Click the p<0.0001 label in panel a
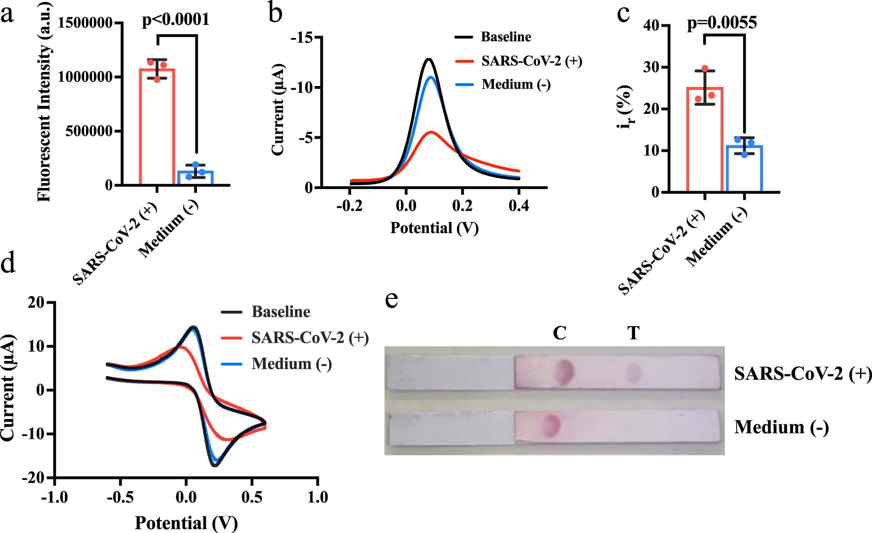176,20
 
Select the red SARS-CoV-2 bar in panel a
157,127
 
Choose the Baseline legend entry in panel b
505,37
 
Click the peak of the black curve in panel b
428,59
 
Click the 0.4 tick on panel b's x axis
518,206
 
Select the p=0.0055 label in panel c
722,23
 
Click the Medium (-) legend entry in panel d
291,364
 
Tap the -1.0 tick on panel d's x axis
55,497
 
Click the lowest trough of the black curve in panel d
215,465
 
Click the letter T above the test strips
633,333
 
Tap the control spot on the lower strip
550,426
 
